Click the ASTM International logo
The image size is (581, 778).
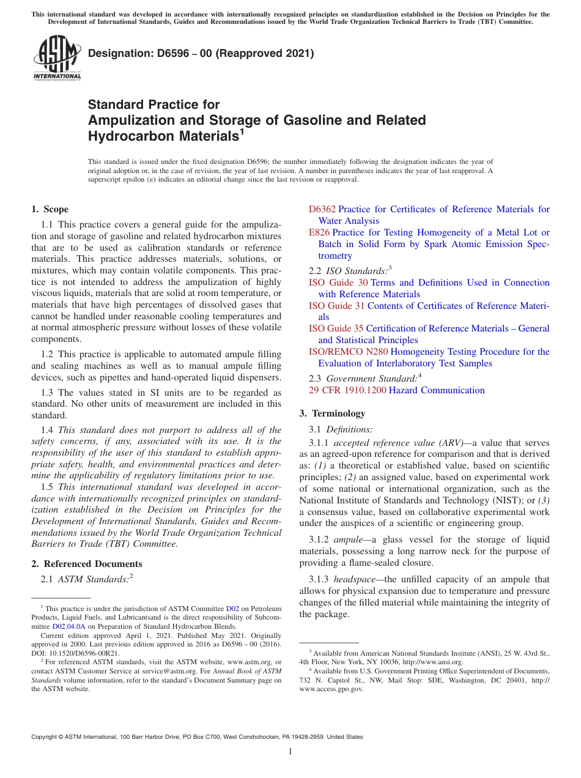(56, 59)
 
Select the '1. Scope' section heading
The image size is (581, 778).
(50, 209)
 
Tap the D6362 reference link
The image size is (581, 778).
(322, 209)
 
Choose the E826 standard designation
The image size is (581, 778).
(319, 232)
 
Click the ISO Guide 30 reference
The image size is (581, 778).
(338, 283)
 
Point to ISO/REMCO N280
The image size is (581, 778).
(348, 352)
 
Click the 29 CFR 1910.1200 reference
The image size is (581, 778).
(347, 390)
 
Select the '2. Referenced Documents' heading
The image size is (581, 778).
(86, 564)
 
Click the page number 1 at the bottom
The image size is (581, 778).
(290, 751)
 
